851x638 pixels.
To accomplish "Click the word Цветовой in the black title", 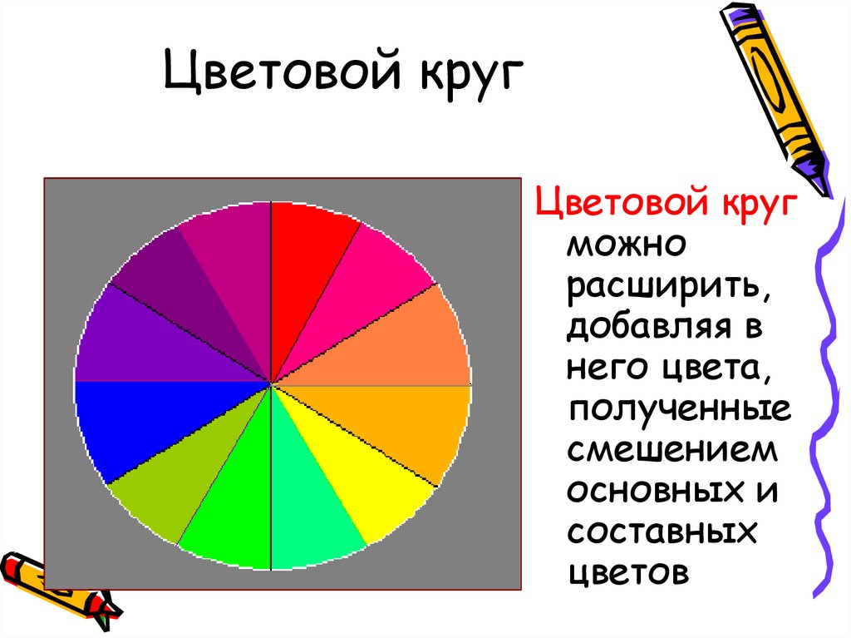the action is pyautogui.click(x=282, y=71).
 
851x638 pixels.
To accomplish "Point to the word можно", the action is pyautogui.click(x=627, y=245).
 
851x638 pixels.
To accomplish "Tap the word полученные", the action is pyautogui.click(x=680, y=409).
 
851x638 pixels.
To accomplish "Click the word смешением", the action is pyautogui.click(x=672, y=451).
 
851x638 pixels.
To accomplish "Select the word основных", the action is pyautogui.click(x=656, y=492).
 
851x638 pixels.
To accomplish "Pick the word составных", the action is pyautogui.click(x=662, y=532).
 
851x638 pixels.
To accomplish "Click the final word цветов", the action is pyautogui.click(x=628, y=573).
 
